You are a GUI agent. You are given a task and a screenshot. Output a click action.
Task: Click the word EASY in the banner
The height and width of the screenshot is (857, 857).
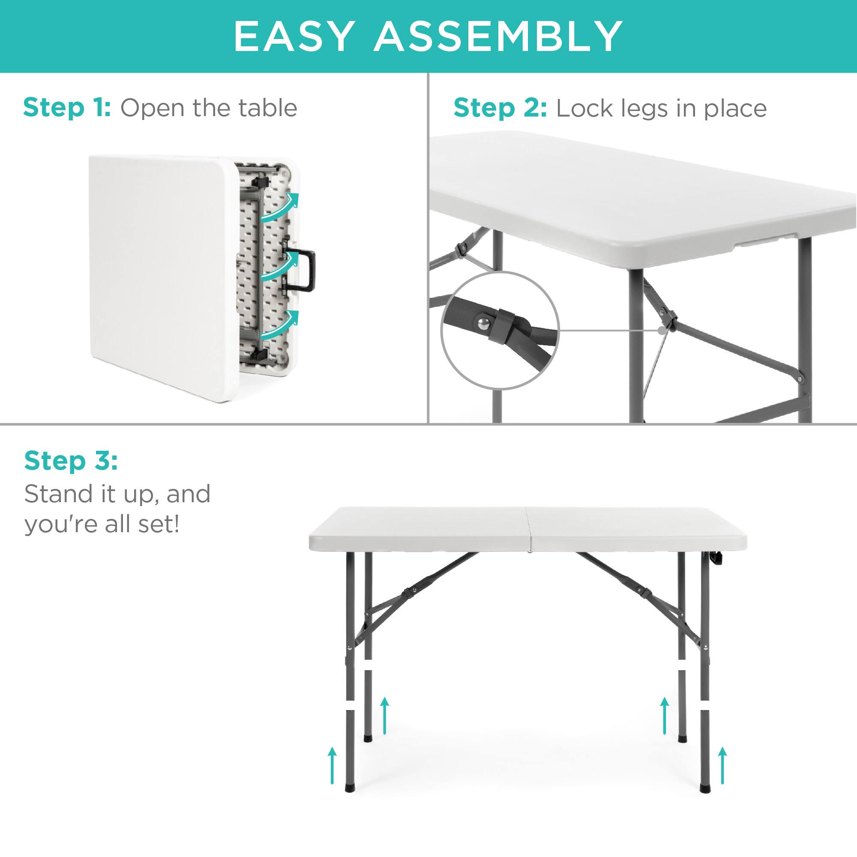pos(294,36)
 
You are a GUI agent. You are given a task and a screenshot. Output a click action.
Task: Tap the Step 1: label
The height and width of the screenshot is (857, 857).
pos(67,108)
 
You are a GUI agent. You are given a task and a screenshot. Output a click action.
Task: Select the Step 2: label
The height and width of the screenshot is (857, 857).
pos(500,109)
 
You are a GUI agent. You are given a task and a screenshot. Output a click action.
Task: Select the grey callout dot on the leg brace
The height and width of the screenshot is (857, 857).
pos(662,330)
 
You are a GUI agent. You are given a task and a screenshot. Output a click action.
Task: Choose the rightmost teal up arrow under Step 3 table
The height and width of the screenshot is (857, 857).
pos(722,771)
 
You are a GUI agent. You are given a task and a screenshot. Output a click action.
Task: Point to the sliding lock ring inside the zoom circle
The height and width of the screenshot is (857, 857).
pos(506,325)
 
